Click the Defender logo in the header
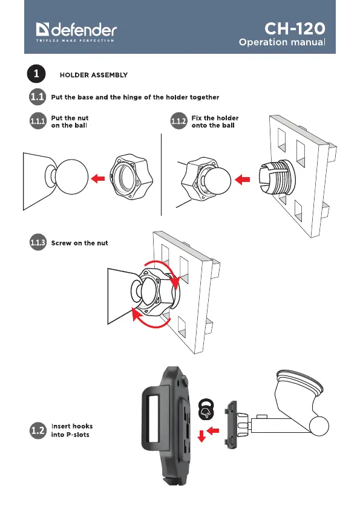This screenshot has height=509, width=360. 76,32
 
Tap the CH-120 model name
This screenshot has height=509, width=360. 295,28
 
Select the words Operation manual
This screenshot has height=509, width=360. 282,42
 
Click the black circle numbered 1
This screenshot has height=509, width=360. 36,74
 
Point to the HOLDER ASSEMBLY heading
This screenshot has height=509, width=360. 94,75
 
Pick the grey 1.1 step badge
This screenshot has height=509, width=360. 38,97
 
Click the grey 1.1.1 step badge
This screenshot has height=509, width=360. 38,121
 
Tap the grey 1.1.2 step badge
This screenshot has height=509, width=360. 178,121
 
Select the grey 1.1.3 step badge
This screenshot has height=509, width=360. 38,242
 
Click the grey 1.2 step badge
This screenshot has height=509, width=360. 38,430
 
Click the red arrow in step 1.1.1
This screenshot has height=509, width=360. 98,178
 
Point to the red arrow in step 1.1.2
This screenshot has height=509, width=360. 242,179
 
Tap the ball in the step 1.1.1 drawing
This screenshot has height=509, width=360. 71,177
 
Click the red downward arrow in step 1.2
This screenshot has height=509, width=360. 201,436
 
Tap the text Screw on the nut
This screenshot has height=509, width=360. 80,243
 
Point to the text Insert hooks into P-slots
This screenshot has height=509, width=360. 72,430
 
